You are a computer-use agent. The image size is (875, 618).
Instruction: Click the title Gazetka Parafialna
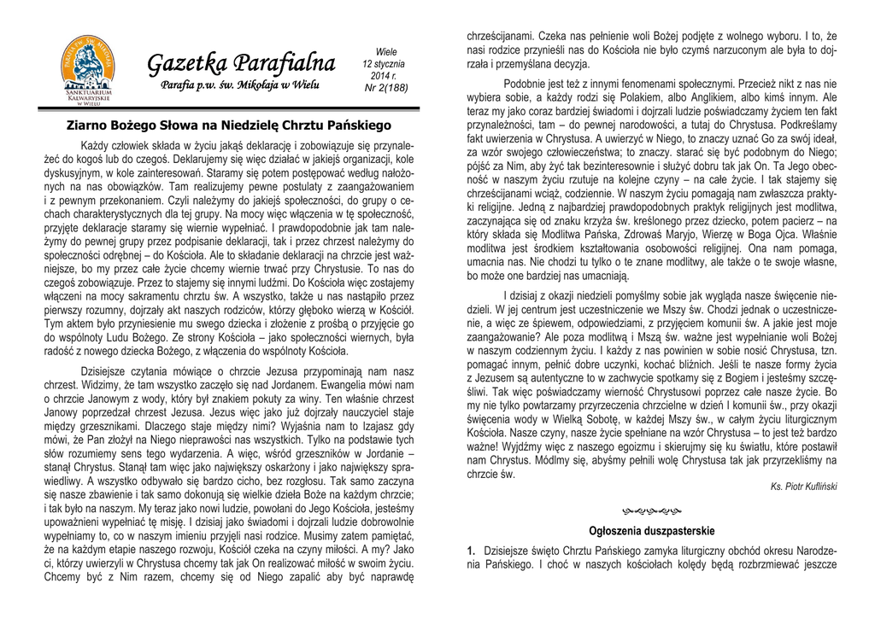pos(241,63)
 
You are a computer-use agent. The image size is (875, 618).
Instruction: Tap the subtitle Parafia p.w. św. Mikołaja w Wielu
pos(240,86)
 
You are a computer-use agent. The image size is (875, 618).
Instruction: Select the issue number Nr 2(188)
pos(386,88)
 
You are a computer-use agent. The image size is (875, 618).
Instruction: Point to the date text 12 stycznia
pos(384,64)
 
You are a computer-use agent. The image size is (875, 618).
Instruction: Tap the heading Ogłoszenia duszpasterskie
pos(651,531)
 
